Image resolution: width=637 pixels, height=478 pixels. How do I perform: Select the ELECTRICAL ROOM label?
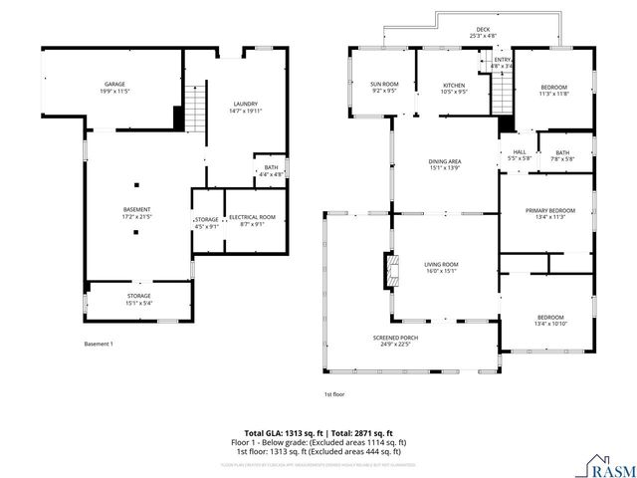(252, 216)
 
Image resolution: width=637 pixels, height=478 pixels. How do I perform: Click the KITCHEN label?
(454, 86)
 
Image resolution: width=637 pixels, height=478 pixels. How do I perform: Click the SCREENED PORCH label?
(395, 338)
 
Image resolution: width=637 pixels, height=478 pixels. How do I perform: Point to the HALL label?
(519, 152)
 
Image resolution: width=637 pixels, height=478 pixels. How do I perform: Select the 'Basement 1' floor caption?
(100, 344)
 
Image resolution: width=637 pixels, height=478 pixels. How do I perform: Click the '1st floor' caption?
(333, 393)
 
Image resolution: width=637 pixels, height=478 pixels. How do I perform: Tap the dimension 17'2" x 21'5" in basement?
(136, 216)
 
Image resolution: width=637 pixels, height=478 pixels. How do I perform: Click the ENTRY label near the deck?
(503, 60)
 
